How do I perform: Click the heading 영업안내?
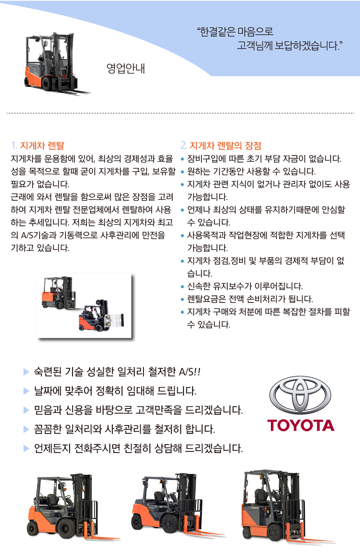126,69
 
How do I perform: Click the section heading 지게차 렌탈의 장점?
225,145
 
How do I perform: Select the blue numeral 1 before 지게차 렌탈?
14,145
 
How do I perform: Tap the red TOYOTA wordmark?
301,425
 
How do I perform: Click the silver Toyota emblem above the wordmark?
300,395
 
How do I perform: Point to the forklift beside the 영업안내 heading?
57,64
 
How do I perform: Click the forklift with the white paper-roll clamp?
101,315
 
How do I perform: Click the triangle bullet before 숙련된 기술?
26,372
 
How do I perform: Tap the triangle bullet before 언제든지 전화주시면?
26,449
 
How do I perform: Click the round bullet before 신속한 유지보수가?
182,286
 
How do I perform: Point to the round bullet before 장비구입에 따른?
182,159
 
